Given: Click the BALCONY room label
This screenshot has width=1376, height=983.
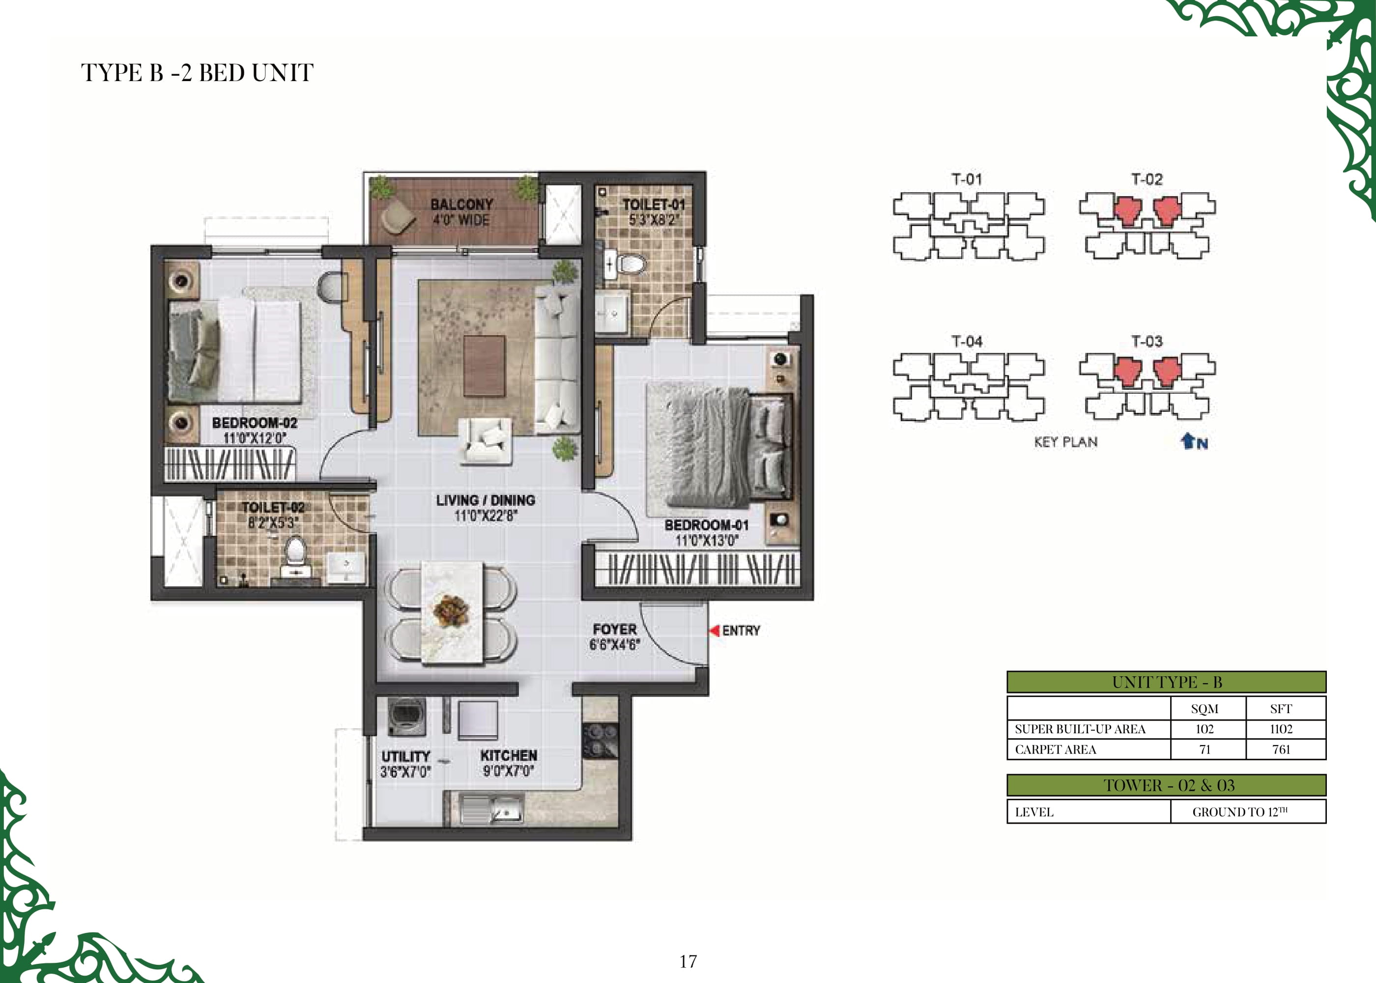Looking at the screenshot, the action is tap(461, 204).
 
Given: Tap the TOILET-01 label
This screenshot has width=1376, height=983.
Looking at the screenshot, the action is tap(654, 205).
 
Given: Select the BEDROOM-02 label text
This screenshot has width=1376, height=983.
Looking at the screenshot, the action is tap(254, 423).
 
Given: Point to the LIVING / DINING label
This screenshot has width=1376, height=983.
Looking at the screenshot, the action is tap(486, 500).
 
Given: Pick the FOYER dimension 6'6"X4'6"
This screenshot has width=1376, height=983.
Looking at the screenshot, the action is tap(615, 645).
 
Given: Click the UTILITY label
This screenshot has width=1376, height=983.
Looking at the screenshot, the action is tap(405, 756).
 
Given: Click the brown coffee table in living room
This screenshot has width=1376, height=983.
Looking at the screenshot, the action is tap(484, 366).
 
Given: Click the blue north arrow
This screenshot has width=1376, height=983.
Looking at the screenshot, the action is tap(1188, 441).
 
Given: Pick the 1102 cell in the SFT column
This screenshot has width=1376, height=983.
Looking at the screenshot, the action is tap(1281, 729).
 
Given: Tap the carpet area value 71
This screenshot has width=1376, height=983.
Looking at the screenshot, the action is tap(1205, 750).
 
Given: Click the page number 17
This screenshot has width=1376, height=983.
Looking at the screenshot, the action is tap(688, 961).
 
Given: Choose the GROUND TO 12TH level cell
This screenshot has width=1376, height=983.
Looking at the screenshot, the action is tap(1240, 811).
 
